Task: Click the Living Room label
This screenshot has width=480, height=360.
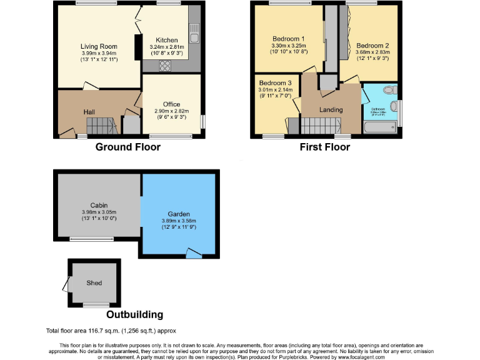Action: (x=99, y=46)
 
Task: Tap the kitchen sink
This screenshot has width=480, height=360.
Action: (x=195, y=34)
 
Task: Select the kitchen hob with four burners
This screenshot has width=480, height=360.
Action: (x=166, y=66)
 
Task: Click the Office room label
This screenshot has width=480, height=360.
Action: (x=171, y=104)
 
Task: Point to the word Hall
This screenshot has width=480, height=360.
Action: (x=90, y=111)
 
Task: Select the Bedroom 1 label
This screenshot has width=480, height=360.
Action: (x=289, y=38)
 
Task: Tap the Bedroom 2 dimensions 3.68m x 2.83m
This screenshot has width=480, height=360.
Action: (x=372, y=53)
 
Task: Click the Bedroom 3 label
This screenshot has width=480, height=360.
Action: (x=275, y=82)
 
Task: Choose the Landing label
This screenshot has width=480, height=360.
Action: (x=331, y=110)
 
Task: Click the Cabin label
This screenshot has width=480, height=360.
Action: (x=99, y=204)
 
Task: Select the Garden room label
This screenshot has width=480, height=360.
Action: (x=179, y=214)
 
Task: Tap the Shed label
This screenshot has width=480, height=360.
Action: (x=94, y=282)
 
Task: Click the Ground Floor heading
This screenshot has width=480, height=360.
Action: (x=127, y=147)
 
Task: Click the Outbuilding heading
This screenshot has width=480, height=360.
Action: (x=134, y=314)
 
